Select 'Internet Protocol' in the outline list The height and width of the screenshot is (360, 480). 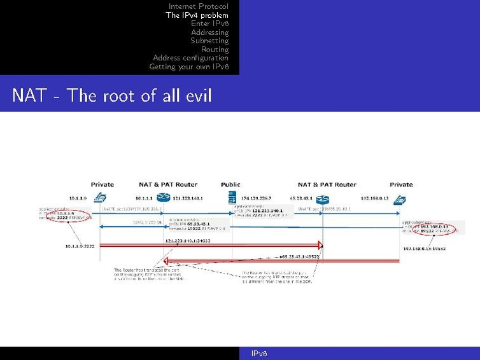[x=198, y=6]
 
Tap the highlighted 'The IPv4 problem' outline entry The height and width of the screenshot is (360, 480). [x=197, y=15]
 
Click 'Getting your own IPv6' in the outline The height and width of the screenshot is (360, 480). [x=188, y=67]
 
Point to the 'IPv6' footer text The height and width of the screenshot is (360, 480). [x=258, y=354]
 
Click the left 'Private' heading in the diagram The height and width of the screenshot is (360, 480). [x=102, y=184]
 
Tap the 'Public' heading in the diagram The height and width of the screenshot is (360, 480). [x=230, y=184]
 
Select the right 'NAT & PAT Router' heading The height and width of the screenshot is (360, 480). [x=327, y=184]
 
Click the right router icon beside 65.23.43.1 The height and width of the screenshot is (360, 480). [x=323, y=198]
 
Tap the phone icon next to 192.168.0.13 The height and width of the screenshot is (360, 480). [x=400, y=198]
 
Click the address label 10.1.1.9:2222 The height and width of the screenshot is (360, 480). [x=80, y=244]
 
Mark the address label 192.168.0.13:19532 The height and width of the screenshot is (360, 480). [x=424, y=249]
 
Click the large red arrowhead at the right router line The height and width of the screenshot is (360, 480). [x=320, y=245]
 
